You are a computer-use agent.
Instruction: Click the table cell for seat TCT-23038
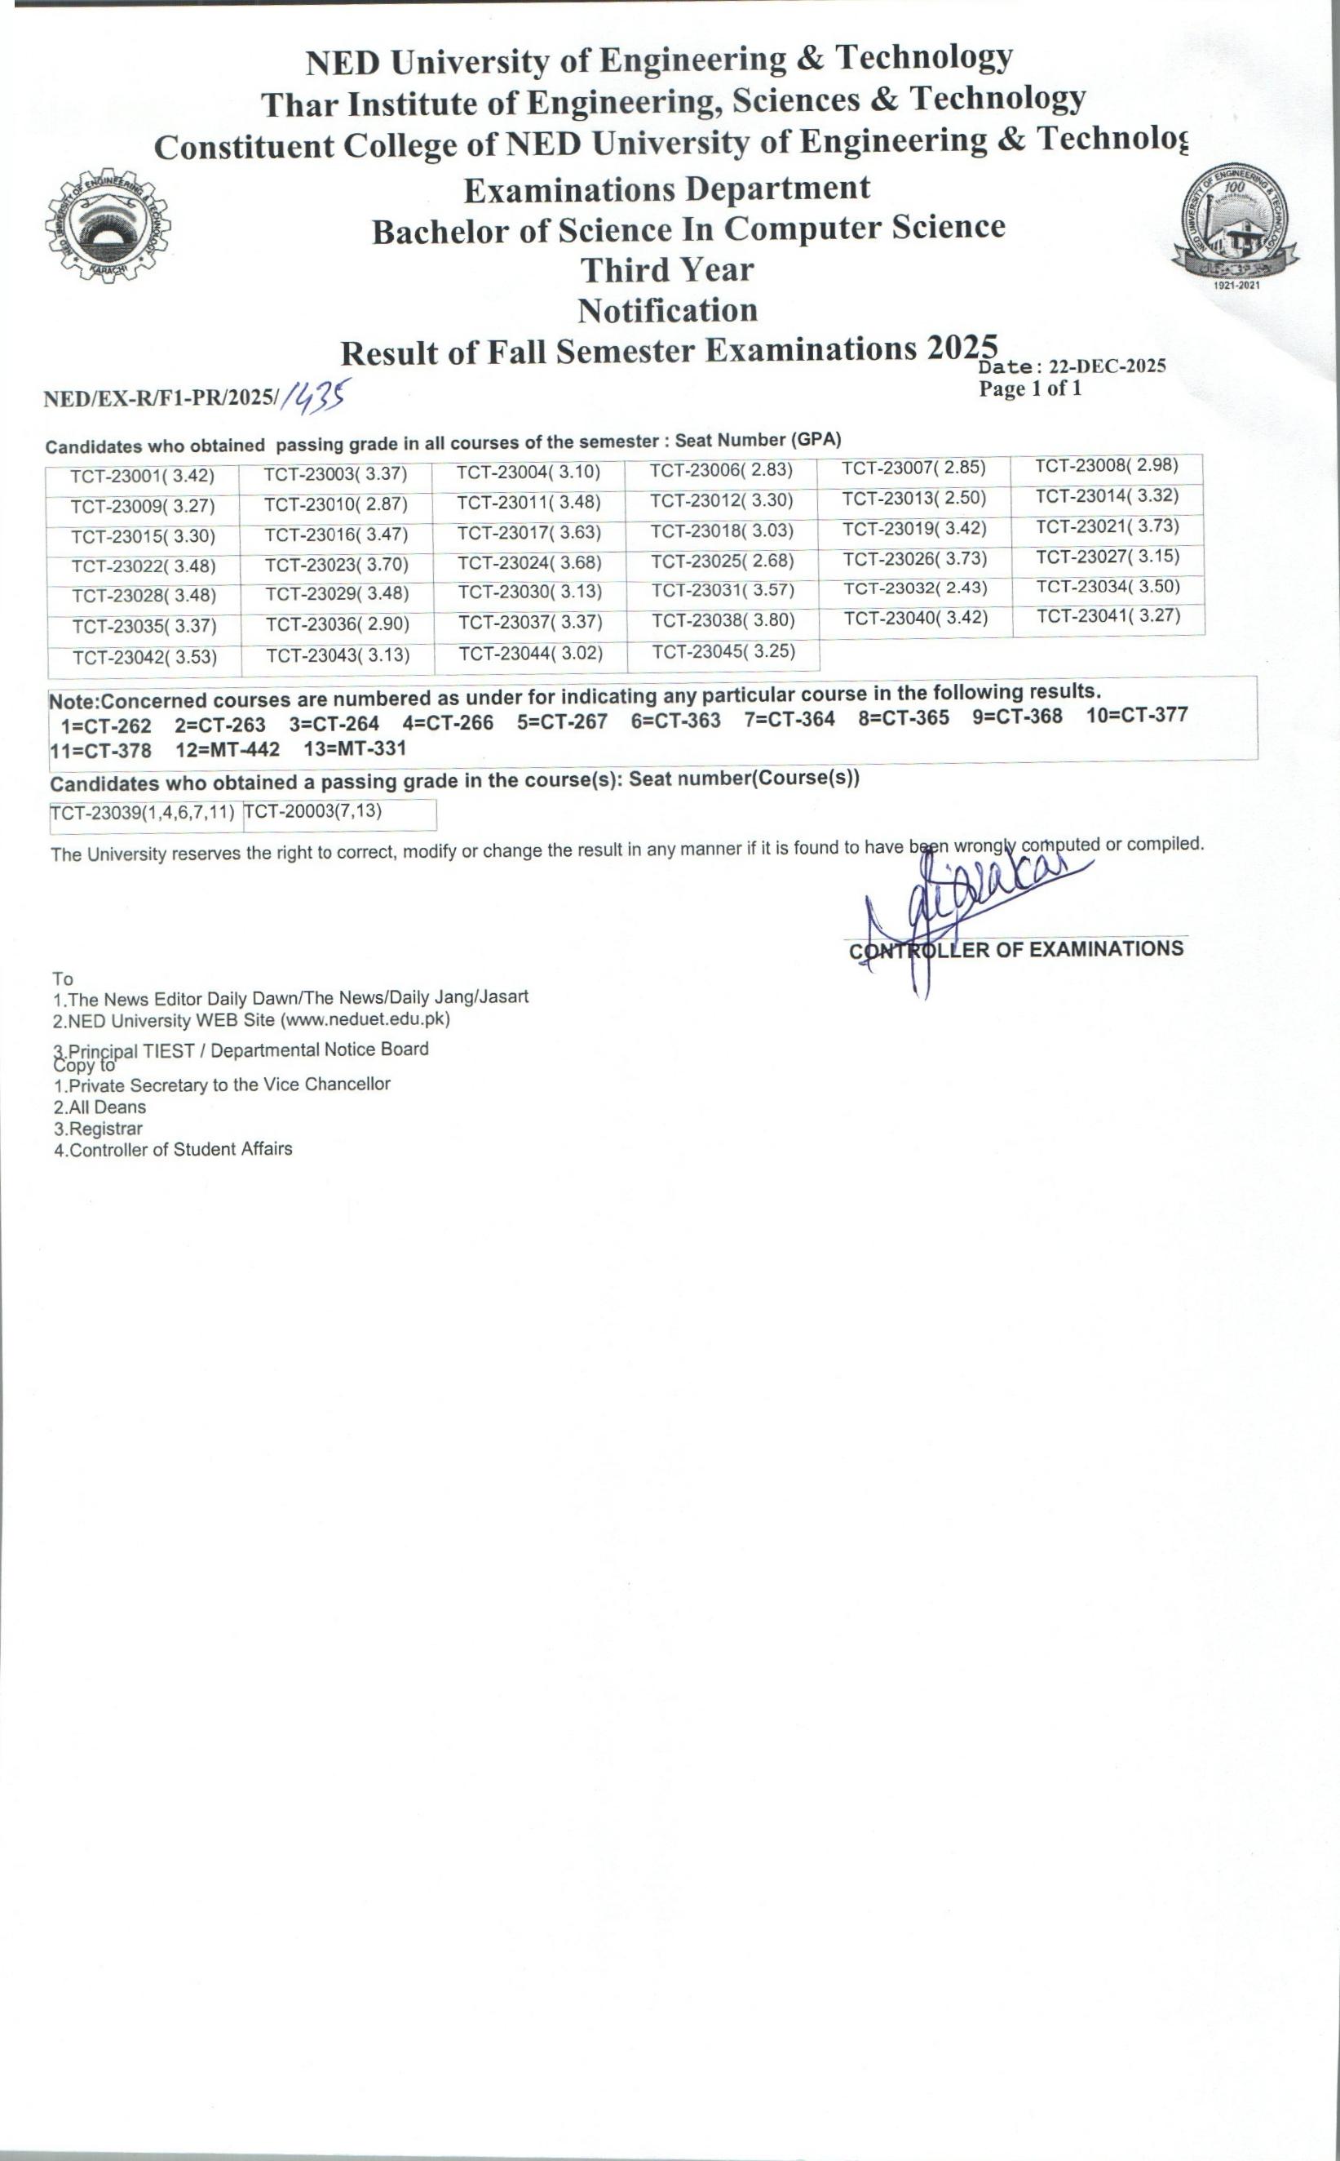[x=723, y=621]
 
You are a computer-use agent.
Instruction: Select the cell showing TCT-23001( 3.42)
[x=143, y=476]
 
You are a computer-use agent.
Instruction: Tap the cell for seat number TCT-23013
[x=913, y=499]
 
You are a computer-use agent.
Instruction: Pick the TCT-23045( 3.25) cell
[x=723, y=653]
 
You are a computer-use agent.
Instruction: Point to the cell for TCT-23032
[x=914, y=588]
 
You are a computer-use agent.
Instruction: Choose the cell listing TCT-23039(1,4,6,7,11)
[x=143, y=813]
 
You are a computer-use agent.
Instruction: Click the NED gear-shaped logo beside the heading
[x=108, y=226]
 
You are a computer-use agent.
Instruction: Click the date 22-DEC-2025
[x=1107, y=367]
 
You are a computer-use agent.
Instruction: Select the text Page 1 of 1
[x=1030, y=388]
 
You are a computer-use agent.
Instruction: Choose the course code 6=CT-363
[x=675, y=721]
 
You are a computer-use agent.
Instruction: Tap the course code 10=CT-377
[x=1136, y=716]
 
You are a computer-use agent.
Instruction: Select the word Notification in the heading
[x=667, y=311]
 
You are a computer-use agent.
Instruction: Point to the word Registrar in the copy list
[x=99, y=1129]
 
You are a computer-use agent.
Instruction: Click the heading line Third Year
[x=666, y=269]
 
